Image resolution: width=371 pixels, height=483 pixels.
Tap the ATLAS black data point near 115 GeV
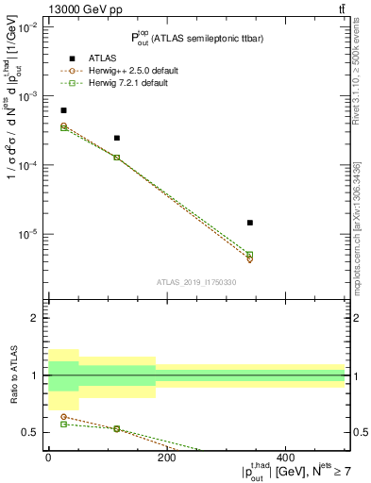coord(117,138)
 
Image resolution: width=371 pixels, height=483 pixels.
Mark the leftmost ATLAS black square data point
coord(63,110)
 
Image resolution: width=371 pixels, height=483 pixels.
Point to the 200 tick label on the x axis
coord(166,457)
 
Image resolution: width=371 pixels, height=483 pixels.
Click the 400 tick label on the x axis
coord(285,457)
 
